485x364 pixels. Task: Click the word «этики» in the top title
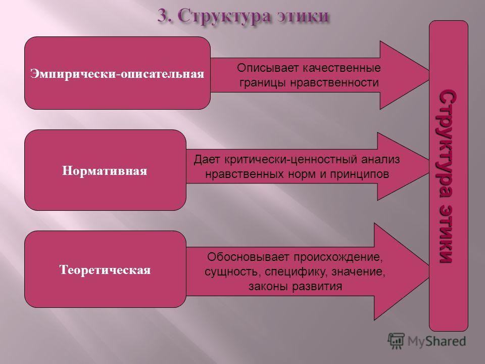[x=302, y=16]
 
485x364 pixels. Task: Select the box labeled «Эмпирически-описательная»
[x=118, y=73]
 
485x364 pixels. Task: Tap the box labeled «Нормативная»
[x=105, y=170]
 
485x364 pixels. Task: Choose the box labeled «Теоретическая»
[x=105, y=269]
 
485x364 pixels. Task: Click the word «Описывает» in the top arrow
[x=268, y=68]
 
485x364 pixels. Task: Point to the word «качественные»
[x=342, y=68]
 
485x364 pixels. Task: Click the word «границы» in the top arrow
[x=263, y=82]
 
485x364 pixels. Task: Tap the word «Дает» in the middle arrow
[x=207, y=159]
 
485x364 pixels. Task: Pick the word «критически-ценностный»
[x=291, y=159]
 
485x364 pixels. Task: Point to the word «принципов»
[x=359, y=174]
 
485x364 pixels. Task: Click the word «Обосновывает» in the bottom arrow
[x=249, y=257]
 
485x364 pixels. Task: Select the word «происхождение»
[x=338, y=257]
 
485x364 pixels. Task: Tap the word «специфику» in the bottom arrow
[x=297, y=272]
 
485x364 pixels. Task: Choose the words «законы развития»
[x=296, y=286]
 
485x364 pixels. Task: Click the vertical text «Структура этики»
[x=448, y=176]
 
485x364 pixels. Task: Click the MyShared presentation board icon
[x=396, y=341]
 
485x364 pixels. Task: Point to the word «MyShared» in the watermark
[x=437, y=341]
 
